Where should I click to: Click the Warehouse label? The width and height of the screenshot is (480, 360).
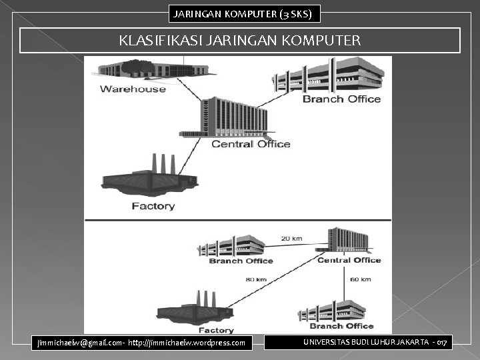pyautogui.click(x=133, y=89)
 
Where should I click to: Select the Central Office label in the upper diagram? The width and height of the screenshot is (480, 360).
pyautogui.click(x=251, y=143)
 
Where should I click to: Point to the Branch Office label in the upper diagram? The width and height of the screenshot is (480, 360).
pyautogui.click(x=341, y=99)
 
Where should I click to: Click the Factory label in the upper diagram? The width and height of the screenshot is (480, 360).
pyautogui.click(x=153, y=206)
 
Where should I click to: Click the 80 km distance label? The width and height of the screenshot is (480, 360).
pyautogui.click(x=256, y=279)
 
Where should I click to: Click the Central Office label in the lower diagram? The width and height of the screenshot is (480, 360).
pyautogui.click(x=349, y=260)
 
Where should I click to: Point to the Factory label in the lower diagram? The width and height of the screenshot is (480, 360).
pyautogui.click(x=216, y=330)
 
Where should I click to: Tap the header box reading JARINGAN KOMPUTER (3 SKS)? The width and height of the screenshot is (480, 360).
pyautogui.click(x=243, y=13)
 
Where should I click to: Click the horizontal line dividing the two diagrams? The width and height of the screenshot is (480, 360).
pyautogui.click(x=237, y=220)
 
